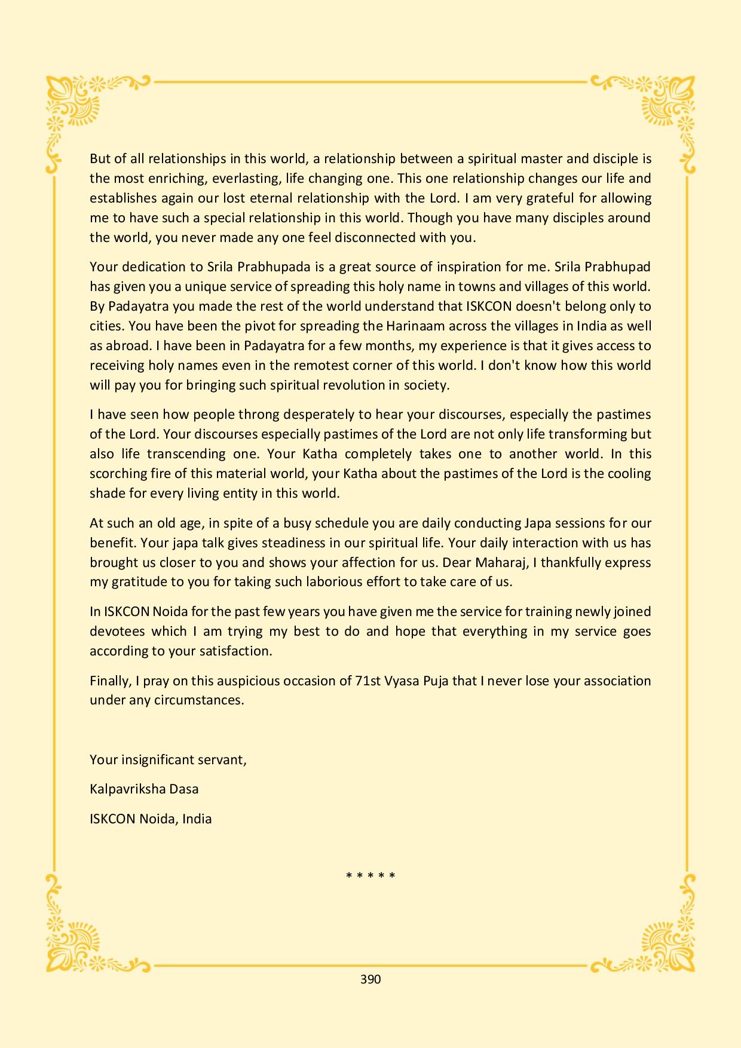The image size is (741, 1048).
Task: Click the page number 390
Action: (370, 979)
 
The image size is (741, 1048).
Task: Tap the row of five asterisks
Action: (370, 877)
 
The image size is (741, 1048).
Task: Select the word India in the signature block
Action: (197, 819)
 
